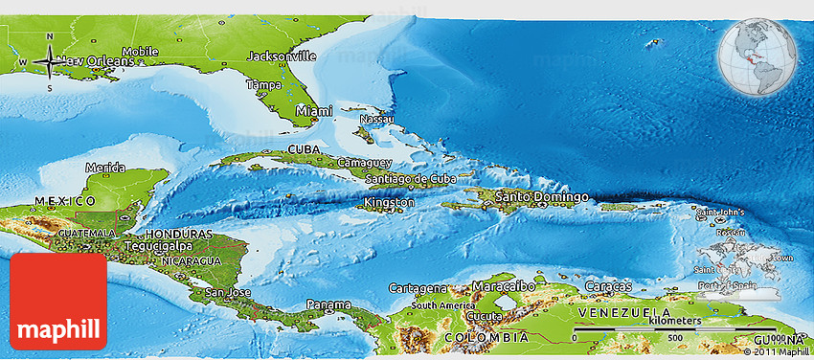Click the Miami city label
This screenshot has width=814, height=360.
click(314, 111)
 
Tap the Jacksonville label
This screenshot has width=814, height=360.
click(282, 56)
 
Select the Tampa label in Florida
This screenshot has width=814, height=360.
click(263, 85)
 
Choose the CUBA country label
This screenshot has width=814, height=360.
click(304, 150)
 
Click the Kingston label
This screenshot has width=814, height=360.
click(390, 203)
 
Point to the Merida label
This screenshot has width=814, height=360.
click(105, 168)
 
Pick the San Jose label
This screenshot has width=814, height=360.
click(228, 291)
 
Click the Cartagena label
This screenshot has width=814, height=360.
click(418, 287)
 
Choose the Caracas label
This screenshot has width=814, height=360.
click(608, 286)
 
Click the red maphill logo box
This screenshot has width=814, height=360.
click(58, 302)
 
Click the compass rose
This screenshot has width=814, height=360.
click(49, 63)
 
